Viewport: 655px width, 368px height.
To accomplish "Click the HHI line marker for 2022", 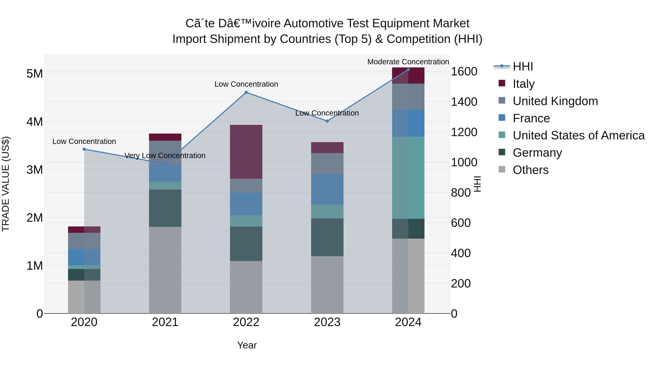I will [x=246, y=92].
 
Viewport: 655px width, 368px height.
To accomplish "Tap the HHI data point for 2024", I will [x=408, y=70].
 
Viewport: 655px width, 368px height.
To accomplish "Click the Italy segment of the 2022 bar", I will [x=246, y=152].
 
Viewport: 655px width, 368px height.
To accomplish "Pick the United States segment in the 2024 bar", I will [x=408, y=178].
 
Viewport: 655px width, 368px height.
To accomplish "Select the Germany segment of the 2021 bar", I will [x=165, y=208].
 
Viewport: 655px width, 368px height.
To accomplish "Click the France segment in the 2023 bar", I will [x=327, y=190].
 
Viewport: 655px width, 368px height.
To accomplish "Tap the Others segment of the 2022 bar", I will [x=246, y=287].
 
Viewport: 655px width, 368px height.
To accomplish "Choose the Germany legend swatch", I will [x=502, y=152].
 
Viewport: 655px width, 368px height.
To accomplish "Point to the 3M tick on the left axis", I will [x=35, y=170].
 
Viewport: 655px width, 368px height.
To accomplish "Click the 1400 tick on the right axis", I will [x=464, y=102].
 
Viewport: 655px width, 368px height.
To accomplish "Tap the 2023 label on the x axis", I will [x=327, y=322].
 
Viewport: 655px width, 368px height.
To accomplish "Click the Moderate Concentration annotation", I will [x=408, y=62].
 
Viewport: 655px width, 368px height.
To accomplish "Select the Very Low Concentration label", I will [x=165, y=155].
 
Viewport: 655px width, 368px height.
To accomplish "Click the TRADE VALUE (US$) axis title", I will [x=6, y=184].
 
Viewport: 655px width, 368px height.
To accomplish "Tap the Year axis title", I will [x=247, y=345].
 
